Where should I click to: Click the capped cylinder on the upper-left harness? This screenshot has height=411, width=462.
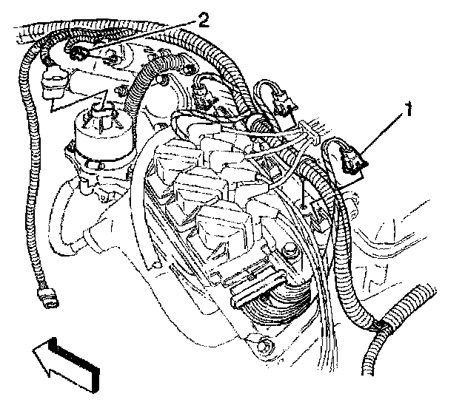(x=51, y=82)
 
